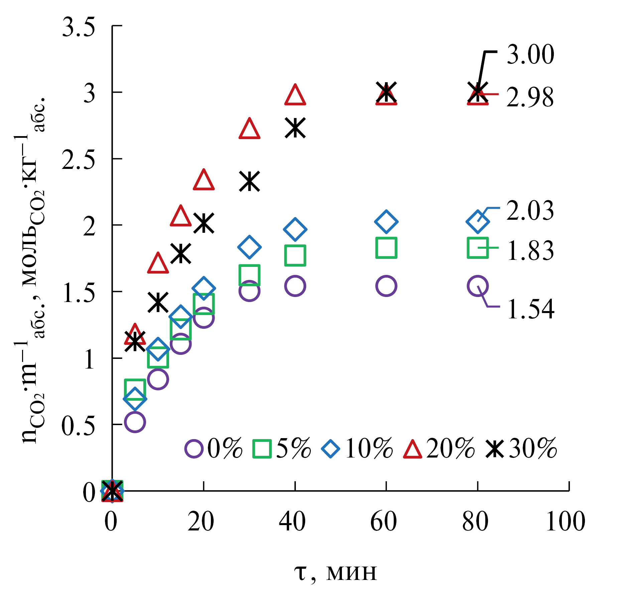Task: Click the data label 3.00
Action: coord(530,55)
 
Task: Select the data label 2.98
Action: coord(530,98)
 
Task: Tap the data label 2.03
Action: coord(530,211)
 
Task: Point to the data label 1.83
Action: coord(530,251)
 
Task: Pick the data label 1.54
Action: coord(530,309)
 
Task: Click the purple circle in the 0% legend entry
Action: coord(194,449)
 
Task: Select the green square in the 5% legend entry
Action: coord(262,449)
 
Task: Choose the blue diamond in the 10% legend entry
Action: coord(331,449)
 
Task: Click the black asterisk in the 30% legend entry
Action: coord(495,449)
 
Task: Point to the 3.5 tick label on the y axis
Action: coord(79,27)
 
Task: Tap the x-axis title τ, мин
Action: coord(336,572)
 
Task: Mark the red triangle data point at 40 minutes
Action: coord(295,95)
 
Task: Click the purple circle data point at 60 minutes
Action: coord(386,286)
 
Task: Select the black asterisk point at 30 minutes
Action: coord(249,181)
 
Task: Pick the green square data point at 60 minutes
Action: coord(386,248)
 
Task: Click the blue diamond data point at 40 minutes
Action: coord(295,229)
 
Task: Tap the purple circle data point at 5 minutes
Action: coord(135,422)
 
